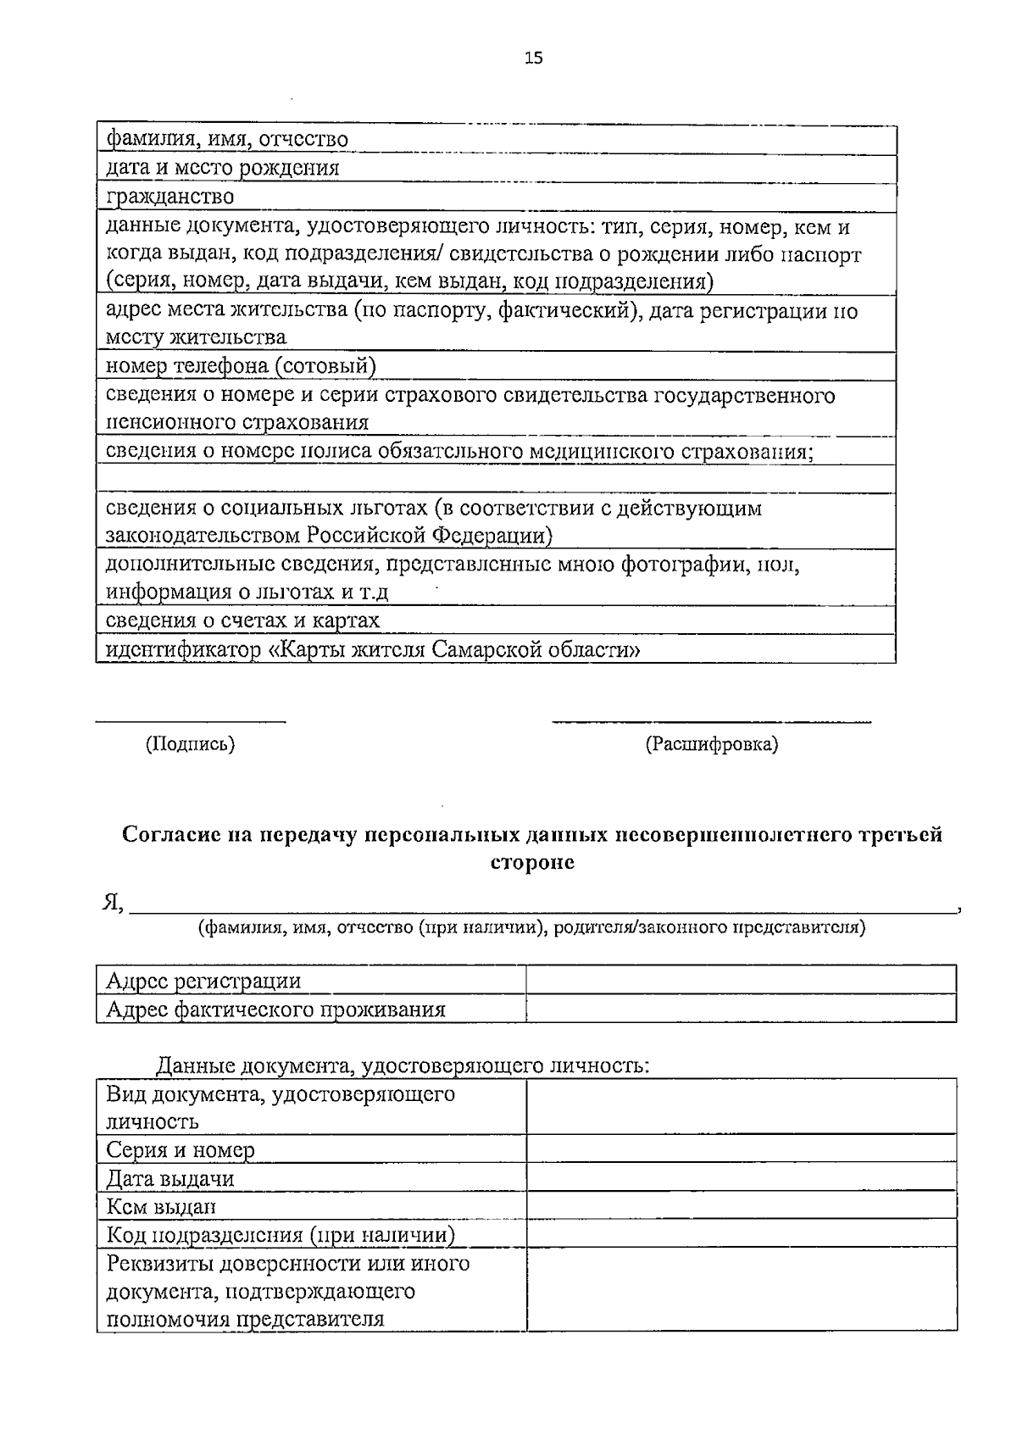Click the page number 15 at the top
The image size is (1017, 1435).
(x=533, y=58)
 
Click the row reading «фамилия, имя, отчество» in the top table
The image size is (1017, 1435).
(x=227, y=139)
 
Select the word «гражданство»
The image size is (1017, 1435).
(x=169, y=197)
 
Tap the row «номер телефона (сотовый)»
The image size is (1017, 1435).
(x=241, y=366)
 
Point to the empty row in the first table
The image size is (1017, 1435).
(x=496, y=479)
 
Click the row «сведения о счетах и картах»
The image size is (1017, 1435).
(x=242, y=620)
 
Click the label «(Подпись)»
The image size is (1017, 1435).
(x=190, y=744)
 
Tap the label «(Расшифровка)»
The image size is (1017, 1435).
(x=711, y=744)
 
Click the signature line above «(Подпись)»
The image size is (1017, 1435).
(x=190, y=721)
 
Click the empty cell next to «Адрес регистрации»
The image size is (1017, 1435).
(x=741, y=981)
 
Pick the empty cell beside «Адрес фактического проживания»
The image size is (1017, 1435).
(x=741, y=1009)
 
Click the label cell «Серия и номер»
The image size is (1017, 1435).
(x=181, y=1150)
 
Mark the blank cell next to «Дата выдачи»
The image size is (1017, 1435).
(x=741, y=1178)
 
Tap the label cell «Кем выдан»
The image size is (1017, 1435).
(x=161, y=1206)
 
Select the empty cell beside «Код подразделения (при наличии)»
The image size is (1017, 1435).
(x=741, y=1234)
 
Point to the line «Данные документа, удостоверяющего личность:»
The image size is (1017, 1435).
(x=403, y=1065)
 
